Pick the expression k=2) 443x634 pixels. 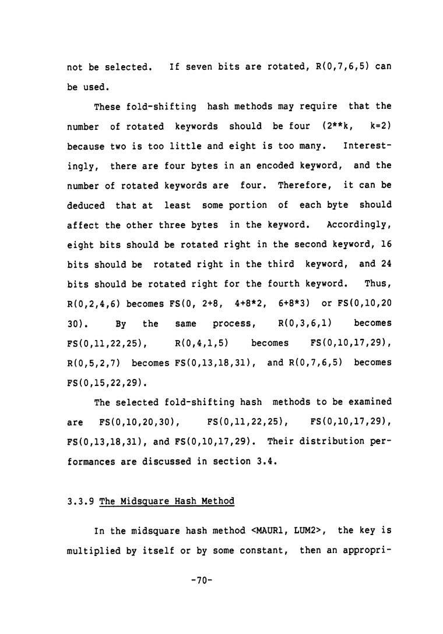(381, 126)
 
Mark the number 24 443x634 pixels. (385, 264)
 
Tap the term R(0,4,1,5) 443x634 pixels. (200, 343)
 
